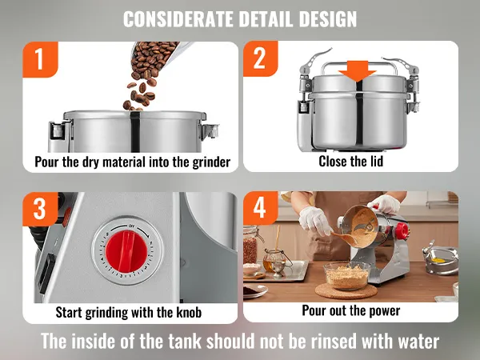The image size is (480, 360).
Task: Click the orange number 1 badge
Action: click(40, 59)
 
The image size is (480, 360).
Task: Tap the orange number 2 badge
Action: click(261, 58)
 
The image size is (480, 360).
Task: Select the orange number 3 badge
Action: click(40, 210)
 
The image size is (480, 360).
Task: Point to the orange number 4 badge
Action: click(261, 208)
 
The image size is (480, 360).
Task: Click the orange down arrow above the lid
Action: click(358, 71)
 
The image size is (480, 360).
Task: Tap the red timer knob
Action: click(126, 250)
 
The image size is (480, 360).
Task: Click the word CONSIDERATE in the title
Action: click(178, 19)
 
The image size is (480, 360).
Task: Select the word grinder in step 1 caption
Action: click(211, 162)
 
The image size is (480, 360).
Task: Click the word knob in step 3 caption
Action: click(189, 313)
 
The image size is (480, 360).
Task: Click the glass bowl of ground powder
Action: click(347, 276)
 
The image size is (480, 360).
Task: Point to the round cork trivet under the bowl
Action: click(346, 291)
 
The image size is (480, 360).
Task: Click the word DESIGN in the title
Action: click(328, 19)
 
